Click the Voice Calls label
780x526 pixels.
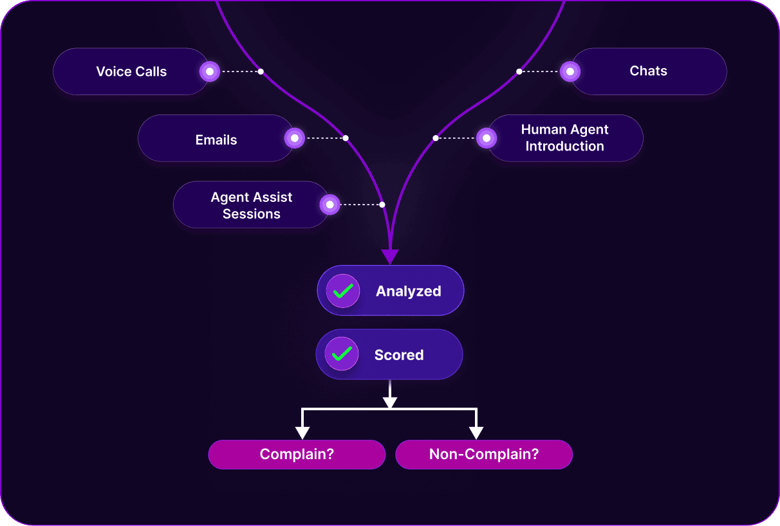(x=131, y=71)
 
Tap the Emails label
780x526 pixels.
(x=216, y=140)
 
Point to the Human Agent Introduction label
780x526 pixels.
(x=564, y=138)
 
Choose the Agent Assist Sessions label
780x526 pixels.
(x=252, y=205)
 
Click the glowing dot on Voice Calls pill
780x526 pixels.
(x=210, y=71)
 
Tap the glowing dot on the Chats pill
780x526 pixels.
(x=570, y=71)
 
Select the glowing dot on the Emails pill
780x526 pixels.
(x=295, y=138)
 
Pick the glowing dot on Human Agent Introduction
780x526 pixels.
(x=487, y=138)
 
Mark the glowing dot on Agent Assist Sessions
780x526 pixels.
(x=330, y=204)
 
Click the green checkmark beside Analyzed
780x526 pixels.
(x=343, y=291)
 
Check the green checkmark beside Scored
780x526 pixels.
(x=342, y=354)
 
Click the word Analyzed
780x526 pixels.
(x=409, y=291)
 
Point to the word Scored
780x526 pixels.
(x=399, y=355)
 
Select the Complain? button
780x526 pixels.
(x=297, y=455)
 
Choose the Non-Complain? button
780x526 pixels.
(x=484, y=455)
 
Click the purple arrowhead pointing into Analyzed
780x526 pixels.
(x=390, y=257)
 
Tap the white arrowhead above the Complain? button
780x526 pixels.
(x=302, y=432)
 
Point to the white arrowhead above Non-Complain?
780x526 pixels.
(x=476, y=432)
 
